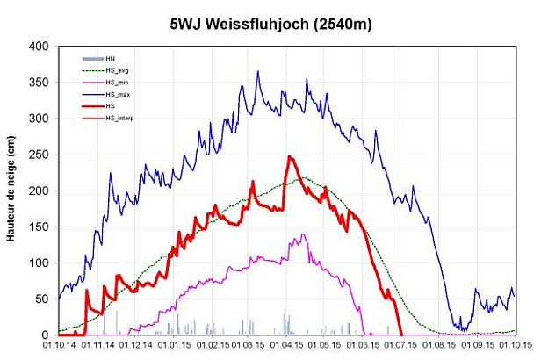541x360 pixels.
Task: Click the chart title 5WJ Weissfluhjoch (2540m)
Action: (270, 24)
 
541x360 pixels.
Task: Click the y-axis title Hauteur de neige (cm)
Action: (11, 190)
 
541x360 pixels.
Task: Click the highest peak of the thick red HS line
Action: (289, 156)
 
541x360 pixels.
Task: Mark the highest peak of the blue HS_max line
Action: (257, 72)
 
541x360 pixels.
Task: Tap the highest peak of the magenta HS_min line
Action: (303, 234)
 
